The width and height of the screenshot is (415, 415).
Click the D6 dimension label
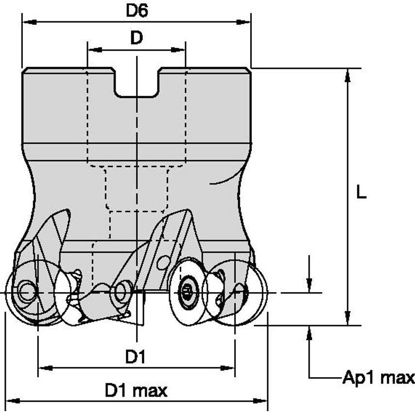point(137,11)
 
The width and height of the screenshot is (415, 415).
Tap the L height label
point(360,193)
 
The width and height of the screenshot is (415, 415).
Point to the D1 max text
point(137,390)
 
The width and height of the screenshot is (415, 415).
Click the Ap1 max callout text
point(379,378)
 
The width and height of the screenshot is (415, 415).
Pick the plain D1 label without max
point(136,358)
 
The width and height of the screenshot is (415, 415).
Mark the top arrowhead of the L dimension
point(347,74)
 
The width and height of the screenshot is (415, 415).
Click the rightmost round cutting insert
point(245,293)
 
